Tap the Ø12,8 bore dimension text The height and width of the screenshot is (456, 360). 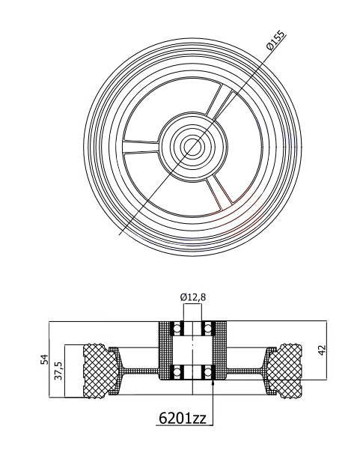(x=192, y=297)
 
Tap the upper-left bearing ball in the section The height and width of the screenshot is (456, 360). (x=177, y=328)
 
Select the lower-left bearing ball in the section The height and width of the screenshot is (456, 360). (x=177, y=370)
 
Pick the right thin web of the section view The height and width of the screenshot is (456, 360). (x=243, y=371)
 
